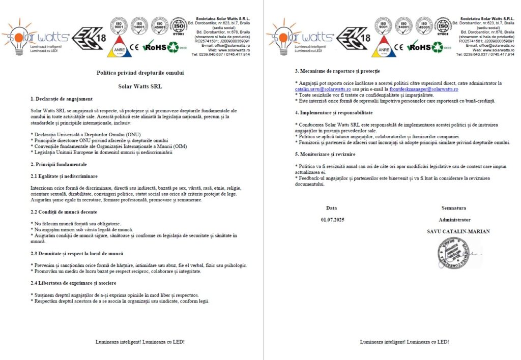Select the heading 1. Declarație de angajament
(x=62, y=99)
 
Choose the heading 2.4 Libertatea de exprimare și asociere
(x=73, y=283)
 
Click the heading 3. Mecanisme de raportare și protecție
(x=337, y=71)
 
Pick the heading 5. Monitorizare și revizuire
(x=325, y=154)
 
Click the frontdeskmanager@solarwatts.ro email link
(x=423, y=89)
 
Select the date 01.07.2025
(x=332, y=220)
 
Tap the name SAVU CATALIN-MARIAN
(x=458, y=231)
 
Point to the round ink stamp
(x=451, y=253)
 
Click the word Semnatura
(x=454, y=207)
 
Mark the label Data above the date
(x=332, y=207)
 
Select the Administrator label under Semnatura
(x=454, y=220)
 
